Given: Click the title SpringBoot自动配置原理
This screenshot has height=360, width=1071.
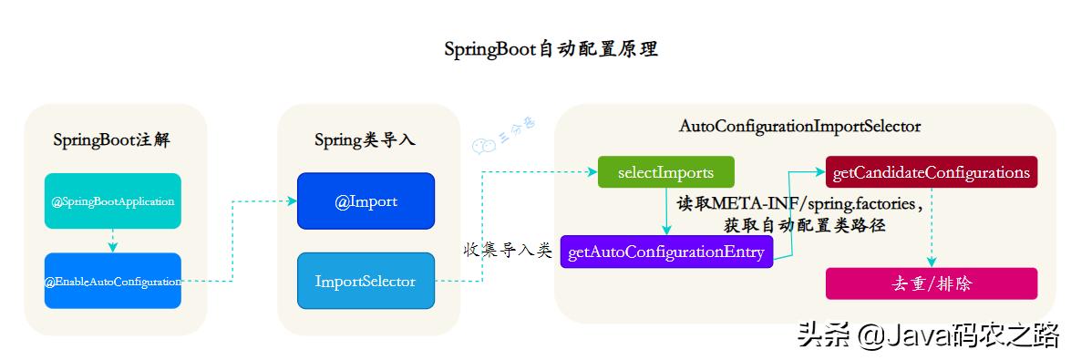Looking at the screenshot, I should (x=551, y=49).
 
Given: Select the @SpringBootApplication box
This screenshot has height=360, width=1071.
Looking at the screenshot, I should (x=113, y=201).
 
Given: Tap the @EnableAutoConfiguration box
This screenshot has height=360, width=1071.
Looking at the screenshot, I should (x=113, y=281).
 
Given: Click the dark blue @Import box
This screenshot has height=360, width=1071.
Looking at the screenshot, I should (x=366, y=201).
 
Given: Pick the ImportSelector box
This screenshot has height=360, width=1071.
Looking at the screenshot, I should (x=366, y=281).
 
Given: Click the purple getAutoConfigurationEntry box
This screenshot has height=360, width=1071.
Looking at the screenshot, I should (x=666, y=251).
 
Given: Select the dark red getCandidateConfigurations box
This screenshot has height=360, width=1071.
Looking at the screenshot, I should (x=931, y=171).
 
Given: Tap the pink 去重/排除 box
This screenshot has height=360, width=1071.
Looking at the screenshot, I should (x=931, y=283).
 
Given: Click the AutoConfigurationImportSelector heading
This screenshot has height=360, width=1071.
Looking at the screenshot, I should (x=799, y=126).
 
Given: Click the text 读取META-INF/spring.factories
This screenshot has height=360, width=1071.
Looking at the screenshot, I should (x=799, y=201).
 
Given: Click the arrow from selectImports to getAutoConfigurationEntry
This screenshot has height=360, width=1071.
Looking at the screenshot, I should (x=666, y=211).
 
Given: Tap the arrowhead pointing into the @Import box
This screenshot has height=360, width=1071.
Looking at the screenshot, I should (x=291, y=201).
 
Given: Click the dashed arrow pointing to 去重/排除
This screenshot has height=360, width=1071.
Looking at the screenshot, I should (x=931, y=228).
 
